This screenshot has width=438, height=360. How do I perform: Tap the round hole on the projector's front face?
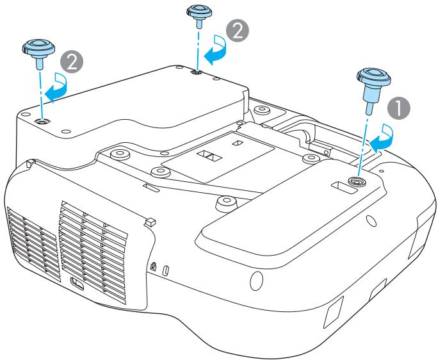tap(255, 279)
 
